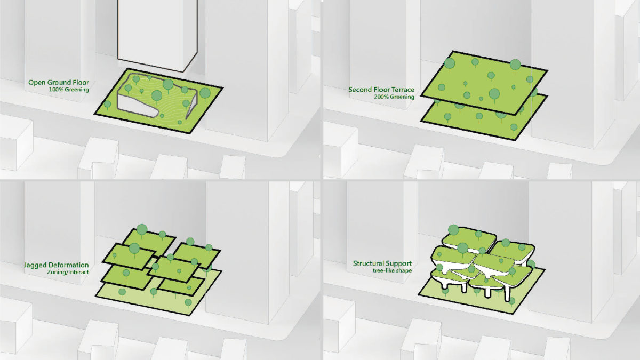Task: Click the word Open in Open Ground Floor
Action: click(37, 83)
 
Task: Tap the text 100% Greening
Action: click(69, 90)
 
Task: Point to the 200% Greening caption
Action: click(394, 97)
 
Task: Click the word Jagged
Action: click(35, 265)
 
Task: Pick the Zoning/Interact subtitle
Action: click(68, 272)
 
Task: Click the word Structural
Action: click(367, 263)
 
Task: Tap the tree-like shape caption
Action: click(393, 270)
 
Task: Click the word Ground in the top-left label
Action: click(60, 83)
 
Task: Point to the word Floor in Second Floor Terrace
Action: click(379, 90)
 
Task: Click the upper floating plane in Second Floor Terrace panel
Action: click(484, 83)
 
